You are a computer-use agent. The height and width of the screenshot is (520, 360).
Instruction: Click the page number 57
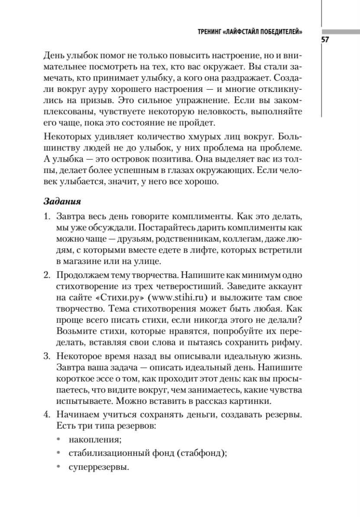(325, 40)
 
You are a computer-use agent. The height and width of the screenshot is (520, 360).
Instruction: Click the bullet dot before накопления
(59, 440)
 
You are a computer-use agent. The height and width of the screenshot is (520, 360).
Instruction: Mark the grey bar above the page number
(341, 32)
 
